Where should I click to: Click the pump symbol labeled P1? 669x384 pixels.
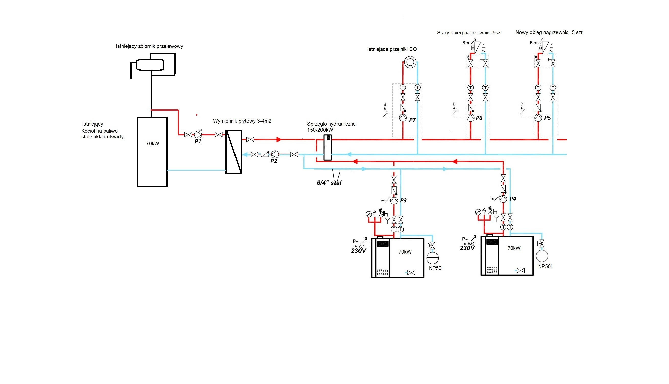coord(198,135)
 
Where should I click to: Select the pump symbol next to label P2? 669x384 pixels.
coord(275,154)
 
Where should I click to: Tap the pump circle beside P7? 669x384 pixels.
coord(403,118)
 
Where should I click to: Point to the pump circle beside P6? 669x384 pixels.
coord(470,118)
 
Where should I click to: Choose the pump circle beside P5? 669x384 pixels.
coord(538,118)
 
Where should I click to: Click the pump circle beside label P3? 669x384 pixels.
coord(394,200)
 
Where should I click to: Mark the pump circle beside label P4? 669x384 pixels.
coord(503,199)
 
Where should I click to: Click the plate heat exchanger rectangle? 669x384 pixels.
coord(233,152)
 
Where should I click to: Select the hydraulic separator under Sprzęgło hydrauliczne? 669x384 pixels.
coord(328,147)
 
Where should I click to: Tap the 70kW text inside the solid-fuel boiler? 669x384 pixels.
coord(153,144)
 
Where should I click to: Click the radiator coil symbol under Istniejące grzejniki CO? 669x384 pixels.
coord(410,62)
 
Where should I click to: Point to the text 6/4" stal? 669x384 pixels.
coord(329,183)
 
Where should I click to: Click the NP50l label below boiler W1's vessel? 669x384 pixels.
coord(436,268)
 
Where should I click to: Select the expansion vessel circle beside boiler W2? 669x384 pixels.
coord(542,255)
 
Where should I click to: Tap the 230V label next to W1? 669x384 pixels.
coord(358,251)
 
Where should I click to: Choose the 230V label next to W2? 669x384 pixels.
coord(467,248)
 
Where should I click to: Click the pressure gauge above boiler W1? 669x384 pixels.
coord(369,214)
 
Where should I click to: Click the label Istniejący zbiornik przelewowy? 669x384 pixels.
coord(149,46)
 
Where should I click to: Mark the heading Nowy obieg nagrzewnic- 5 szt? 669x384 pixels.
coord(549,32)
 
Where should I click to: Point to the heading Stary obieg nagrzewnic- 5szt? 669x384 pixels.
coord(469,33)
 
